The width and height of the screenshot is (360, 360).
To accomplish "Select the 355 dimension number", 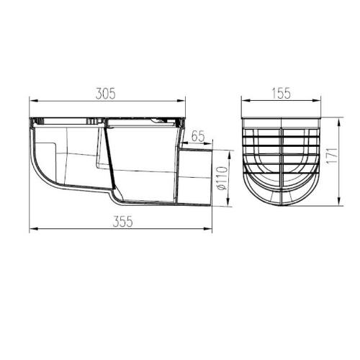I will point(122,223).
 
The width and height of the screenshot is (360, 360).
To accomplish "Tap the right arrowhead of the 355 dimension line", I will point(214,230).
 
